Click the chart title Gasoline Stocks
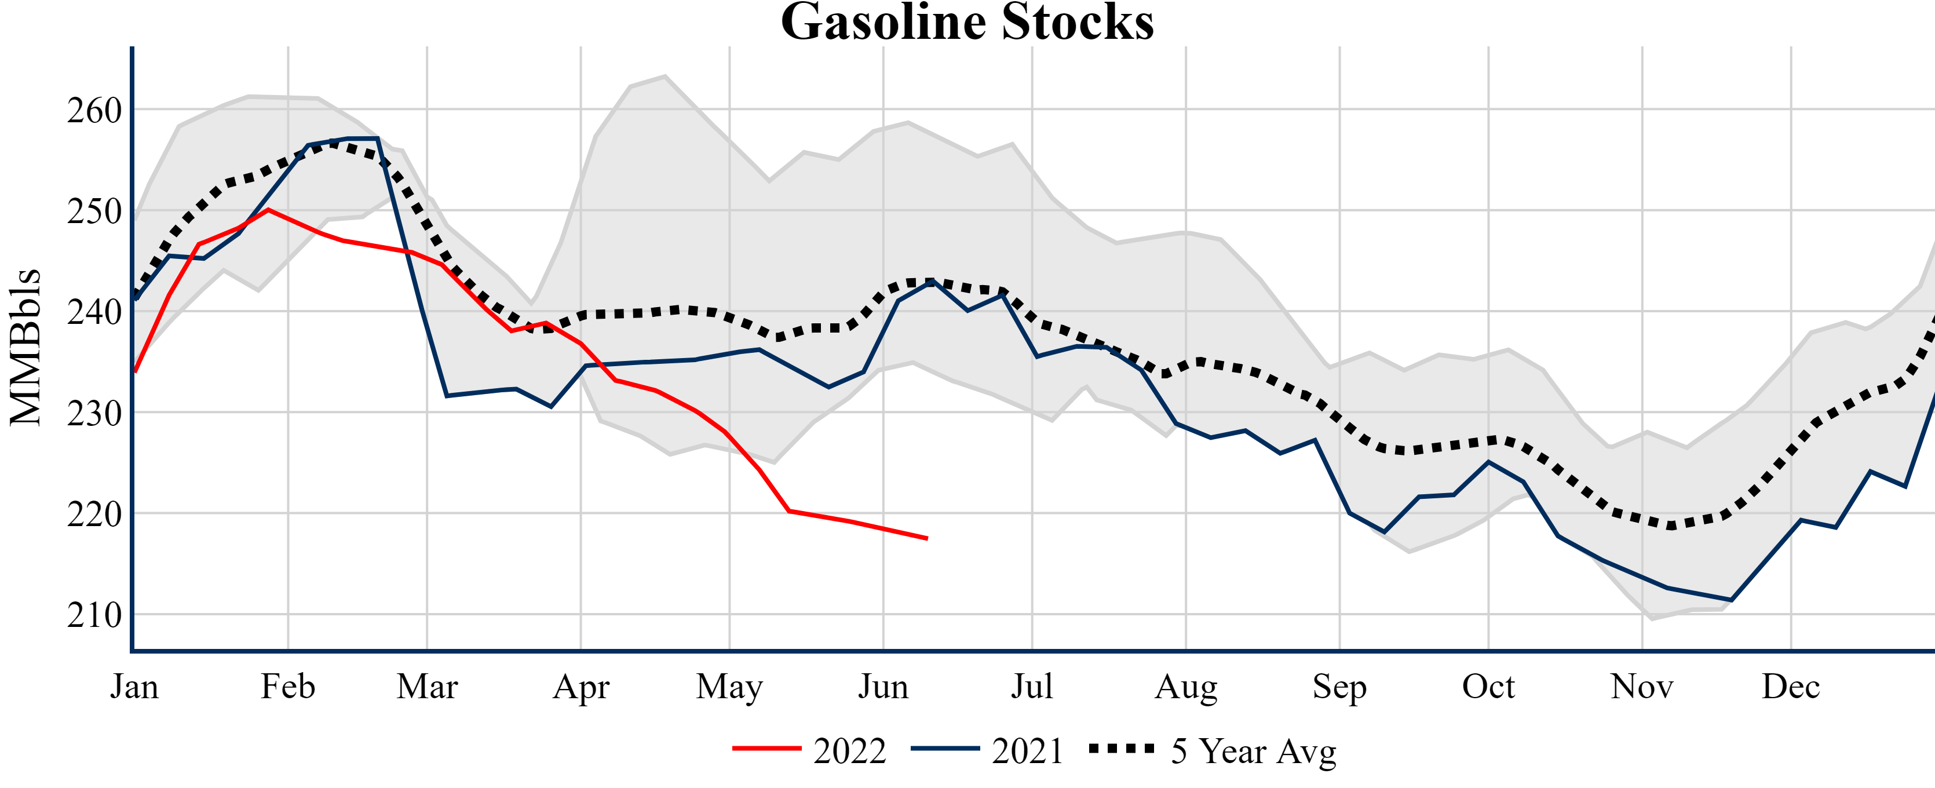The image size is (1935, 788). click(x=967, y=23)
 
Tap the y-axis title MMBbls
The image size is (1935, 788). click(x=25, y=347)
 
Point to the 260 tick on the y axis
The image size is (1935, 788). click(x=94, y=111)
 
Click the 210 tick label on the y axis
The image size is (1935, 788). click(x=94, y=616)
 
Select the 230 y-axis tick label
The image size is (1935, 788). click(x=94, y=414)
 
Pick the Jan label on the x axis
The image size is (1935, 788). click(x=134, y=687)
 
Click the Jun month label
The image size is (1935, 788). click(x=883, y=687)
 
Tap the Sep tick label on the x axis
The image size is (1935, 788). click(x=1339, y=687)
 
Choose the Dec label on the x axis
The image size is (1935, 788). click(x=1791, y=687)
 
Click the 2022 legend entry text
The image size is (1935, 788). click(x=849, y=751)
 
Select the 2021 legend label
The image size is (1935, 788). click(x=1027, y=751)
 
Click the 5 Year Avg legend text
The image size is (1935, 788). click(x=1254, y=751)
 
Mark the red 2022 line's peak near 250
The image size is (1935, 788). click(x=268, y=210)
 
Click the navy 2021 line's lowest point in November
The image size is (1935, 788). click(x=1730, y=600)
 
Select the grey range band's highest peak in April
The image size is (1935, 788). click(x=665, y=75)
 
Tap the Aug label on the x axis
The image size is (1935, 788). click(x=1186, y=687)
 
